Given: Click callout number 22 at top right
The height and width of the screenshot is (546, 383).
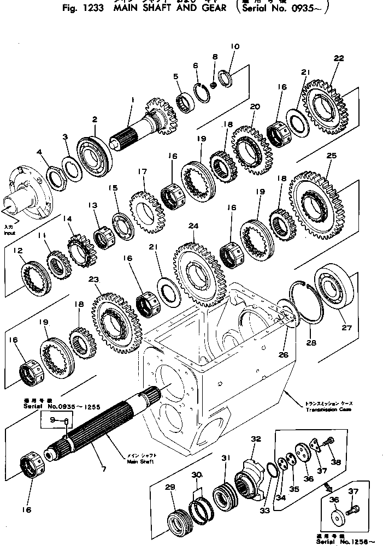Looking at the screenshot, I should [339, 58].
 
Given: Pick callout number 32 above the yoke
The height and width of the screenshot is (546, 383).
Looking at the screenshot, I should [256, 438].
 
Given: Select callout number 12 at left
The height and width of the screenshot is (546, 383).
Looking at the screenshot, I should [18, 251].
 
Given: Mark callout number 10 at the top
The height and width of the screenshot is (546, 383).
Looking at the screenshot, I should [234, 47].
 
